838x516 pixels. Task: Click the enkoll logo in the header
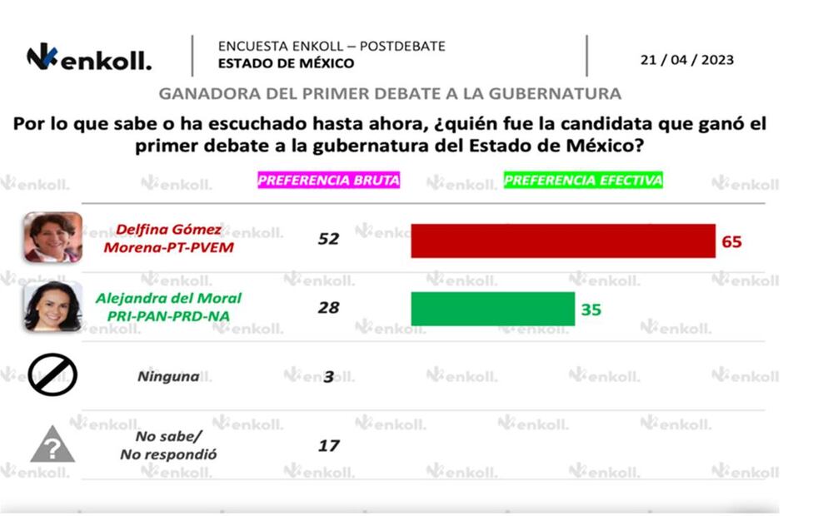pos(89,59)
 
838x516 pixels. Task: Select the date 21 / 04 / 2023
pos(686,60)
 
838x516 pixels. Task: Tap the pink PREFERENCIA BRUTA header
pos(328,180)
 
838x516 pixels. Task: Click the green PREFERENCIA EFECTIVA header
pos(583,180)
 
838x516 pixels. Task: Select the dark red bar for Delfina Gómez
pos(563,241)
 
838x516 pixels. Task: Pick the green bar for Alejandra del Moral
pos(492,308)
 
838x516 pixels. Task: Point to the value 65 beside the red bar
pos(731,242)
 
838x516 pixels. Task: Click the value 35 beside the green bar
pos(591,310)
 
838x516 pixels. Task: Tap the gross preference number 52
pos(329,239)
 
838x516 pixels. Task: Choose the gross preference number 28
pos(329,307)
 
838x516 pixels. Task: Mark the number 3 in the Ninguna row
pos(329,376)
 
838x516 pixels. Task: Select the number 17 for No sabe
pos(329,446)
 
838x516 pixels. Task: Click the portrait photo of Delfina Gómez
pos(52,237)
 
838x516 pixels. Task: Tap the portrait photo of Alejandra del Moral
pos(52,306)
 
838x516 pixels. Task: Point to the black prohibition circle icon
pos(52,375)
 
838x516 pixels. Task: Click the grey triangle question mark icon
pos(52,445)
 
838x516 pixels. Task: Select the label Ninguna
pos(168,376)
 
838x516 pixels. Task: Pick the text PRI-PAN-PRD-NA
pos(169,316)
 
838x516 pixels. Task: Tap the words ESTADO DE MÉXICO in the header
pos(286,63)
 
